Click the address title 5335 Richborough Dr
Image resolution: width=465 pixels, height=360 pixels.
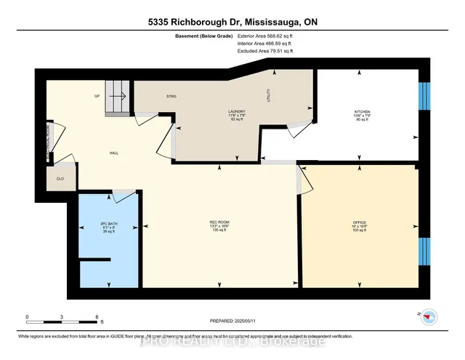pos(232,23)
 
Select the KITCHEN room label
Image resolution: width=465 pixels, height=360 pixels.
pos(361,111)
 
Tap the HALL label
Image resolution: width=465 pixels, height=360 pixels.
pos(113,153)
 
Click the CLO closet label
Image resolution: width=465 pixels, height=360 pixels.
pos(59,177)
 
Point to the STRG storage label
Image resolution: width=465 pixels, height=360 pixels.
pos(171,97)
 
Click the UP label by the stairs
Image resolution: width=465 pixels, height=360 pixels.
pos(97,97)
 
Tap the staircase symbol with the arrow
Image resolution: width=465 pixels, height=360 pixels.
pos(119,97)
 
